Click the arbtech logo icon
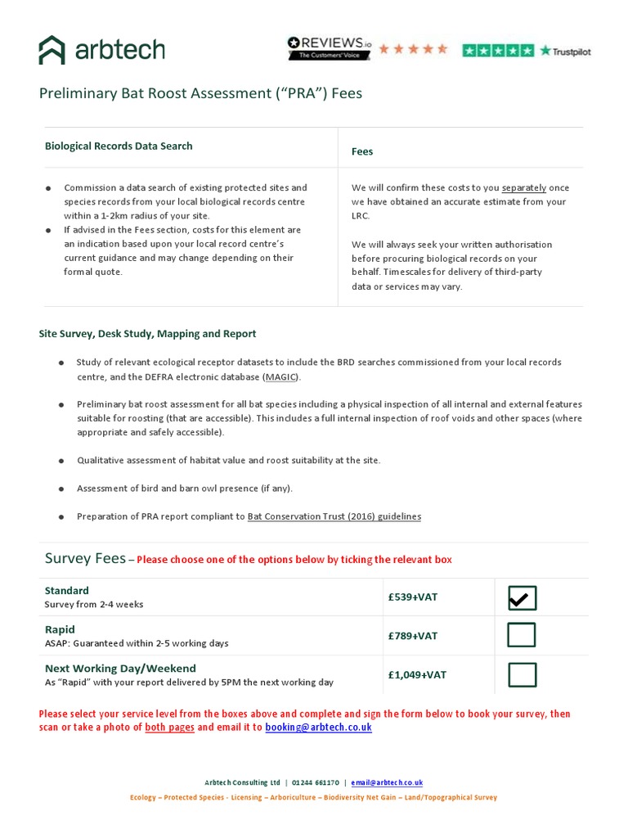tap(52, 50)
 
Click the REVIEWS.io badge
tap(328, 48)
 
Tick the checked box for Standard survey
tap(522, 598)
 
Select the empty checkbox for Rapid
tap(522, 636)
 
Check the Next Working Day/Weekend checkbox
tap(522, 675)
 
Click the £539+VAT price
tap(413, 597)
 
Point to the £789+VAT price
tap(413, 636)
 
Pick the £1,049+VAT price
tap(417, 675)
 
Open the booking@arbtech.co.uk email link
tap(318, 727)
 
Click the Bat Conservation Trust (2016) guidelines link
tap(334, 516)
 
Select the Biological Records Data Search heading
tap(119, 146)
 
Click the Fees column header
tap(362, 151)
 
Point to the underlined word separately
tap(524, 187)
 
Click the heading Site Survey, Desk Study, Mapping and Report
tap(148, 334)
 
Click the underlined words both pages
tap(169, 727)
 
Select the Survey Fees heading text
tap(85, 559)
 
